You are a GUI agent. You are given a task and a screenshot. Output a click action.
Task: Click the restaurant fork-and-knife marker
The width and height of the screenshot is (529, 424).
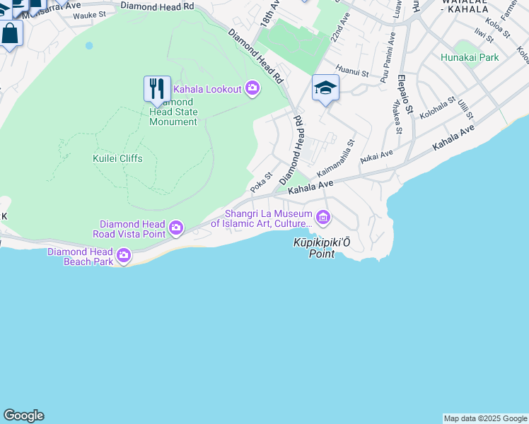(x=157, y=89)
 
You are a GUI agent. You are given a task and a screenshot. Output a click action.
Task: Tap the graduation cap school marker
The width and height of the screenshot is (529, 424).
(x=325, y=88)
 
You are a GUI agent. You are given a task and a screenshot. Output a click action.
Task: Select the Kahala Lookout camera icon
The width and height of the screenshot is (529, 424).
(x=252, y=89)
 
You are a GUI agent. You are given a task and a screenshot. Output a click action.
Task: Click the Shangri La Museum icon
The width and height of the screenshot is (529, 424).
(x=323, y=217)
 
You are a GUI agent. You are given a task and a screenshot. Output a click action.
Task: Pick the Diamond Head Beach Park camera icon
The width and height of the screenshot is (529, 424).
(x=124, y=255)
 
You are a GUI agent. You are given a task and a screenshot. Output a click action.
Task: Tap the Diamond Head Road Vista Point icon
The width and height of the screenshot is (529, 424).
(x=175, y=228)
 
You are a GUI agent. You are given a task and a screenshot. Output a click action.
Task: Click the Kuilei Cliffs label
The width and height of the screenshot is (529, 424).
(x=117, y=158)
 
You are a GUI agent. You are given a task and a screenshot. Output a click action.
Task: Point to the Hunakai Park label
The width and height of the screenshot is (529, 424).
(x=469, y=57)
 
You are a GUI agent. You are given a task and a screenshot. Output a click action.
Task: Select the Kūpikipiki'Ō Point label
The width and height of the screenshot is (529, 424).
(x=322, y=247)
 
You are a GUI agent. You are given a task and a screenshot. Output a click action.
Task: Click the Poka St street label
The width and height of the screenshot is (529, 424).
(x=262, y=182)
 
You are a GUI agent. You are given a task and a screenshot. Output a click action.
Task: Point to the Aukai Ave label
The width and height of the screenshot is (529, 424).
(x=376, y=155)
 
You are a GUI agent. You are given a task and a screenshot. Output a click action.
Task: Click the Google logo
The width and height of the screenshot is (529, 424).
(x=23, y=416)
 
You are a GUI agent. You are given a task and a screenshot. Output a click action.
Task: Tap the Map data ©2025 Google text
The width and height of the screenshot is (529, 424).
(x=485, y=418)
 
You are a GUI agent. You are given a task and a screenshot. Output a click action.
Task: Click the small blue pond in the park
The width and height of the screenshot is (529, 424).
(x=89, y=45)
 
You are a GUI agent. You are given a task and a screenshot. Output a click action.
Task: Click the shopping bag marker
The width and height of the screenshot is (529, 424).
(x=11, y=33)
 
